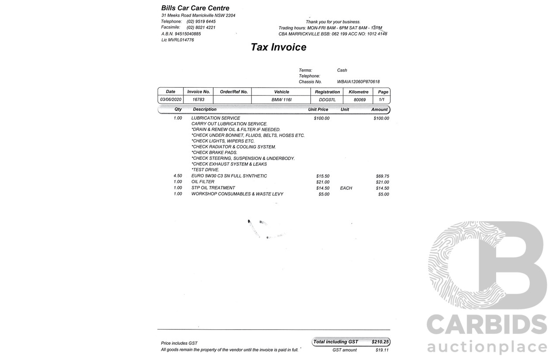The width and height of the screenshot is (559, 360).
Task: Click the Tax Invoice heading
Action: tap(278, 47)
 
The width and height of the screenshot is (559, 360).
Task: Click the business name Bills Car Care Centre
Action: tap(195, 8)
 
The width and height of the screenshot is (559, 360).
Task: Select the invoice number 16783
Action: tap(198, 99)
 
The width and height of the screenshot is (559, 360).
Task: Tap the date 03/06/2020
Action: tap(170, 99)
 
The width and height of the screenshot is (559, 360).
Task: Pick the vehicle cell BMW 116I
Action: tap(281, 100)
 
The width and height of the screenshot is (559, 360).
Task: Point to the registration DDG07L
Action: tap(327, 100)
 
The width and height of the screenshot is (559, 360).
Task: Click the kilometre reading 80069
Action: tap(359, 100)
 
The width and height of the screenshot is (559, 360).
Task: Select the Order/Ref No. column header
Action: tap(234, 92)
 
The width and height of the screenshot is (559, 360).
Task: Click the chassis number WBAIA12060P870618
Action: tap(358, 82)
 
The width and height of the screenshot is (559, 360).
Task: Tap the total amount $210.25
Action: tap(380, 342)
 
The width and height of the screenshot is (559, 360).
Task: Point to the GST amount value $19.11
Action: tap(382, 350)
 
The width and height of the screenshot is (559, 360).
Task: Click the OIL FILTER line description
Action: tap(203, 182)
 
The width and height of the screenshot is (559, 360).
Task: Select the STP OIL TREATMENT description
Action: tap(213, 188)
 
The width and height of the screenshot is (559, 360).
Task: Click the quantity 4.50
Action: tap(178, 176)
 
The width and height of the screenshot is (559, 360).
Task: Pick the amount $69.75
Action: tap(382, 176)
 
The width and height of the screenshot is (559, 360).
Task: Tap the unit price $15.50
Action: tap(323, 176)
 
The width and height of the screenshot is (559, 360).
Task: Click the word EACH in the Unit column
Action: tap(346, 188)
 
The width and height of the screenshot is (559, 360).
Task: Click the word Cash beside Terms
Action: tap(342, 70)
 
